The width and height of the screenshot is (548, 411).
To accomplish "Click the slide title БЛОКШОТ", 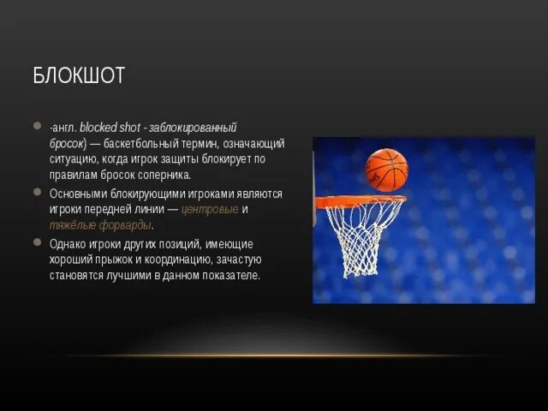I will [x=79, y=75].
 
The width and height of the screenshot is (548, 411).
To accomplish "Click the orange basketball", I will [x=386, y=169].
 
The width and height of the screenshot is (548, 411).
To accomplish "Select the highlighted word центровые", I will [x=210, y=210].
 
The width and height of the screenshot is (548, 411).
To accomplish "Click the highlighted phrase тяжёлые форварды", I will [x=101, y=225].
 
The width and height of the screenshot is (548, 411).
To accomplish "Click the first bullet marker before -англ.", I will [x=37, y=125].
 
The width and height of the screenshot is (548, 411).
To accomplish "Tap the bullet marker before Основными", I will [x=37, y=192].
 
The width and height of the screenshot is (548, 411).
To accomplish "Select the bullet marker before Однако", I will [x=37, y=242].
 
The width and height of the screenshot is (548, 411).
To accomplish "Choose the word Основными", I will [x=75, y=194].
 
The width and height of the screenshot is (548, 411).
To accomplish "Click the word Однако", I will [x=64, y=244].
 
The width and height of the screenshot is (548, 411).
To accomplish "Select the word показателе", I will [x=230, y=276].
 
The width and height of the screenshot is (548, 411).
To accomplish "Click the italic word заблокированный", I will [x=201, y=127].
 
